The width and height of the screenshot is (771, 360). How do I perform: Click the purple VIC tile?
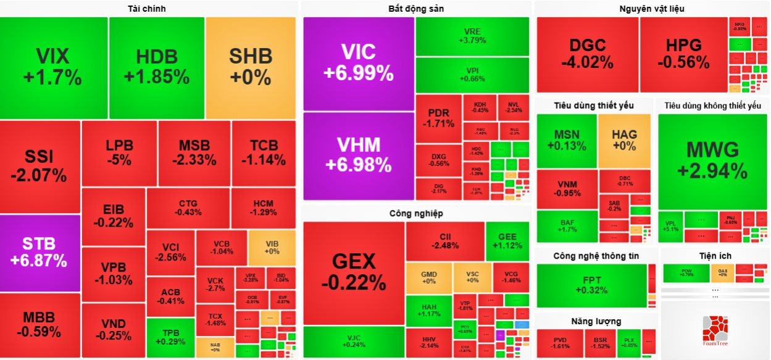point(358,64)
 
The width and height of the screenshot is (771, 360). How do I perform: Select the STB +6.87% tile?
point(40,252)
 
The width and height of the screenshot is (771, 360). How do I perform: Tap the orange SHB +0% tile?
point(251,67)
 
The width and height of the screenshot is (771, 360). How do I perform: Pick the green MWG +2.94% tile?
point(712,161)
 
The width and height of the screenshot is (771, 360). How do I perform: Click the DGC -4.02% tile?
point(587,54)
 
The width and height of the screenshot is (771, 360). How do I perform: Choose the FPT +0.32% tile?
point(591,285)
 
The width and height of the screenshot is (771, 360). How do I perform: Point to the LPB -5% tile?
point(119,153)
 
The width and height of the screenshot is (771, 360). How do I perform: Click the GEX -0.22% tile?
point(353,272)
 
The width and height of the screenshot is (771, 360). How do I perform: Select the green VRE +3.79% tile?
point(472,36)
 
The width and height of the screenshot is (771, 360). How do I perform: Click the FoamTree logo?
point(714,330)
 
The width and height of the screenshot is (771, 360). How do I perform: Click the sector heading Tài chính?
point(146,9)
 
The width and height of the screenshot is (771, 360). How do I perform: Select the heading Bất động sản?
point(416,9)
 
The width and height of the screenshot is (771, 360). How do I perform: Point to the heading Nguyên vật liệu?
point(651,9)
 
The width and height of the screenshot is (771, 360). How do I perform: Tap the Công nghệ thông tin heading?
point(596,256)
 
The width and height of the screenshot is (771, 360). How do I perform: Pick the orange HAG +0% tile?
point(624,140)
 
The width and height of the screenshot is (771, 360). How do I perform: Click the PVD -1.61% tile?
point(560,343)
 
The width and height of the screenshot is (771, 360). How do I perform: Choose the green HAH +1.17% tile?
point(428,310)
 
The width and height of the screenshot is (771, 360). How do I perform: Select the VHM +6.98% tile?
point(358,156)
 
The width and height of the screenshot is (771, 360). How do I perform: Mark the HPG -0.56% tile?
point(683,54)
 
